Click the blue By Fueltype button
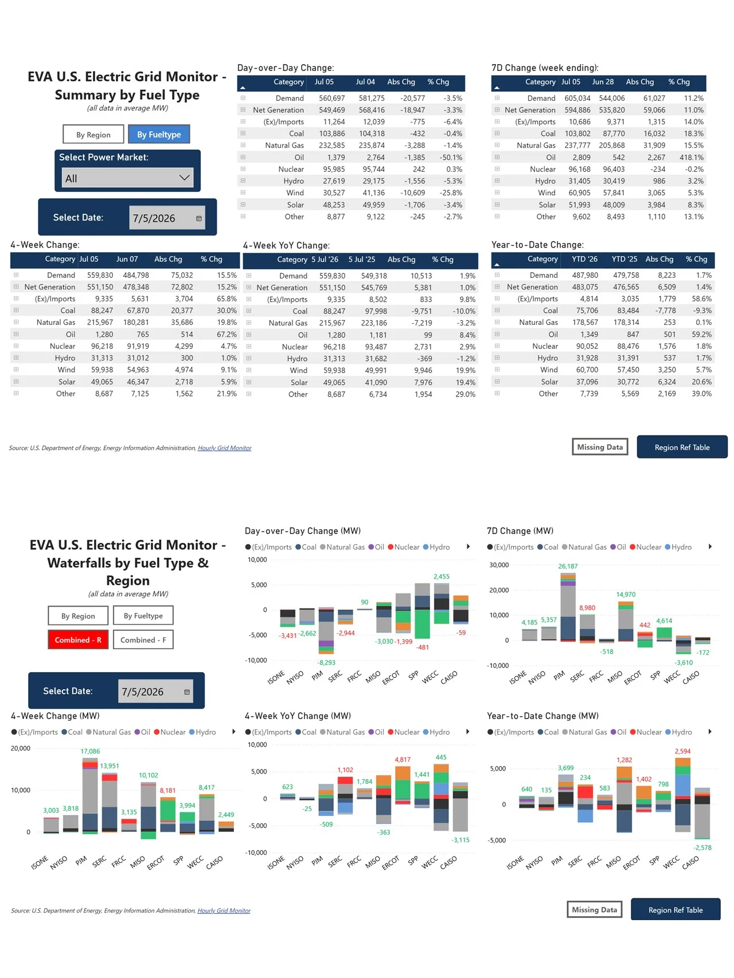click(159, 134)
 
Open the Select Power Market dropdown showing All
click(127, 178)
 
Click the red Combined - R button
click(78, 639)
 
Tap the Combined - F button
click(143, 639)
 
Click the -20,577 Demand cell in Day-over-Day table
click(412, 98)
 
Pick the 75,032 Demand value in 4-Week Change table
click(182, 275)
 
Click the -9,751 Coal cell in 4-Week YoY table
click(421, 311)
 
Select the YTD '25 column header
click(624, 259)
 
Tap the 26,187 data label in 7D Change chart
click(568, 566)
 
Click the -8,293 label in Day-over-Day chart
click(326, 662)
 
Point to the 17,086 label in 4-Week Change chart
click(90, 751)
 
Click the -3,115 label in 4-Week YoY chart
click(460, 840)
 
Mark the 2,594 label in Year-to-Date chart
click(682, 751)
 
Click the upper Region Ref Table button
click(682, 447)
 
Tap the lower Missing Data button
click(594, 909)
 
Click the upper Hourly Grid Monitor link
click(224, 448)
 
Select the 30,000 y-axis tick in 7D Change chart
click(499, 565)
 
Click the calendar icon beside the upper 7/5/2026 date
click(198, 218)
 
